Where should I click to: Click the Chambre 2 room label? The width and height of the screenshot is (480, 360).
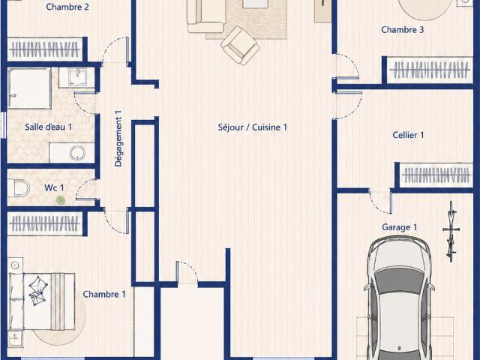pyautogui.click(x=67, y=7)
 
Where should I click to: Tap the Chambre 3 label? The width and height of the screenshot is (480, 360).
pyautogui.click(x=402, y=30)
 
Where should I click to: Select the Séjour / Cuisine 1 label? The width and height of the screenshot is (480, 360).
pyautogui.click(x=253, y=127)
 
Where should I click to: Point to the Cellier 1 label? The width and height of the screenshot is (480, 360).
pyautogui.click(x=408, y=135)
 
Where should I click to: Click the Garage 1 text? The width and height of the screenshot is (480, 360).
pyautogui.click(x=399, y=227)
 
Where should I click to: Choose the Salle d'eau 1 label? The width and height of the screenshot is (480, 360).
pyautogui.click(x=48, y=127)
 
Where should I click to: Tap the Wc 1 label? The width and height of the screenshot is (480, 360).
pyautogui.click(x=54, y=187)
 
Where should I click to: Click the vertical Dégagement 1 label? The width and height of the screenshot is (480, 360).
pyautogui.click(x=118, y=138)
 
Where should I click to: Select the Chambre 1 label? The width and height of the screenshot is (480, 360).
pyautogui.click(x=104, y=294)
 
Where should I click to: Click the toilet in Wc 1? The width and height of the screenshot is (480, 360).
pyautogui.click(x=18, y=188)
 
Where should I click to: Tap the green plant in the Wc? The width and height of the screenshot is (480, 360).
pyautogui.click(x=61, y=200)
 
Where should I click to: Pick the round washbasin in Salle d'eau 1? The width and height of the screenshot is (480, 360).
pyautogui.click(x=77, y=153)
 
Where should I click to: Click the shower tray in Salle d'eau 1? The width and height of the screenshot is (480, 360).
pyautogui.click(x=29, y=88)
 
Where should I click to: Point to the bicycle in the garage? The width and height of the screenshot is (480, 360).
pyautogui.click(x=451, y=232)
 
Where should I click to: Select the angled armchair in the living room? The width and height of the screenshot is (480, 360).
pyautogui.click(x=240, y=46)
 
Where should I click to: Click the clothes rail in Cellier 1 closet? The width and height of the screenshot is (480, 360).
pyautogui.click(x=436, y=175)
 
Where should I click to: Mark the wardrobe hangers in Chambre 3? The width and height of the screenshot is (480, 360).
pyautogui.click(x=430, y=70)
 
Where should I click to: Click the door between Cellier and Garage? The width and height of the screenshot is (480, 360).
pyautogui.click(x=380, y=201)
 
